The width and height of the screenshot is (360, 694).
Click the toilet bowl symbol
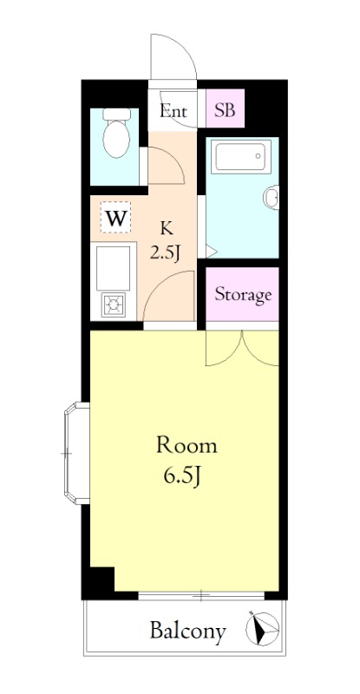pyautogui.click(x=116, y=133)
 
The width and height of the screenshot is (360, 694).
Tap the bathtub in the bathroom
pyautogui.click(x=240, y=156)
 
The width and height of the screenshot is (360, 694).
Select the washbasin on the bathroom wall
pyautogui.click(x=272, y=197)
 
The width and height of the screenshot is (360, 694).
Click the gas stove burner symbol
pyautogui.click(x=114, y=304)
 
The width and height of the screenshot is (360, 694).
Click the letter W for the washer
pyautogui.click(x=116, y=218)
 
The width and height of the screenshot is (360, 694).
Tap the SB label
pyautogui.click(x=225, y=110)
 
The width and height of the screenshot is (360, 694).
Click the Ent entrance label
pyautogui.click(x=173, y=111)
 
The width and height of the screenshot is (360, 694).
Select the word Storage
pyautogui.click(x=243, y=294)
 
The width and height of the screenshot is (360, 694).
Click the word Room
pyautogui.click(x=187, y=446)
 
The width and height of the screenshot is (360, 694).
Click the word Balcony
pyautogui.click(x=187, y=631)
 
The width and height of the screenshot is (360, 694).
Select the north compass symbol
pyautogui.click(x=262, y=628)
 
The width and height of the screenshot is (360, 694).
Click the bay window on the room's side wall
pyautogui.click(x=76, y=453)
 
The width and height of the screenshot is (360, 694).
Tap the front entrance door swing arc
pyautogui.click(x=173, y=57)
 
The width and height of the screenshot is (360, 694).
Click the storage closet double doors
pyautogui.click(x=242, y=349)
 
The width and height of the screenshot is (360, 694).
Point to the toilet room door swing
pyautogui.click(x=166, y=166)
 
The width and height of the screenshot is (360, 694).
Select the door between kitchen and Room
pyautogui.click(x=169, y=296)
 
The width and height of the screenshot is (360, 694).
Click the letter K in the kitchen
pyautogui.click(x=166, y=229)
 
